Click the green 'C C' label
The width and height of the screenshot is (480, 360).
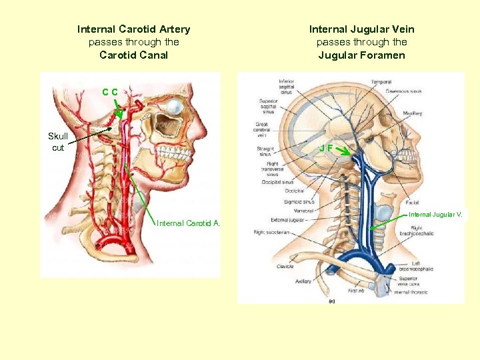click(110, 92)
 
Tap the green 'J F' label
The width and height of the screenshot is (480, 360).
click(325, 147)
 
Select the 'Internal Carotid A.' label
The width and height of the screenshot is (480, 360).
click(188, 223)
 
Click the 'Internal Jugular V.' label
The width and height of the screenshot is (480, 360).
click(435, 215)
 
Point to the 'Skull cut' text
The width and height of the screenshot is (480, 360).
click(58, 142)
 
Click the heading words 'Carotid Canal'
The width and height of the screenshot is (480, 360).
click(133, 55)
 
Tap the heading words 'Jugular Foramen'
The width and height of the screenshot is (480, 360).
click(361, 55)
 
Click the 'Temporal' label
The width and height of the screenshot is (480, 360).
click(381, 82)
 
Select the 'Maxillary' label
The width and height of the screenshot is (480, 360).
click(412, 113)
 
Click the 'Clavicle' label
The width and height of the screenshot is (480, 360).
click(285, 267)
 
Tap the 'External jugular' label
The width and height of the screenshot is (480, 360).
click(288, 219)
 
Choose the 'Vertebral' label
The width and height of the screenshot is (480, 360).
click(303, 210)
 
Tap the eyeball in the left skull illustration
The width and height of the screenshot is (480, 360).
click(175, 105)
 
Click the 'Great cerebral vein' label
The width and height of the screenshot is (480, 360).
click(264, 129)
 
